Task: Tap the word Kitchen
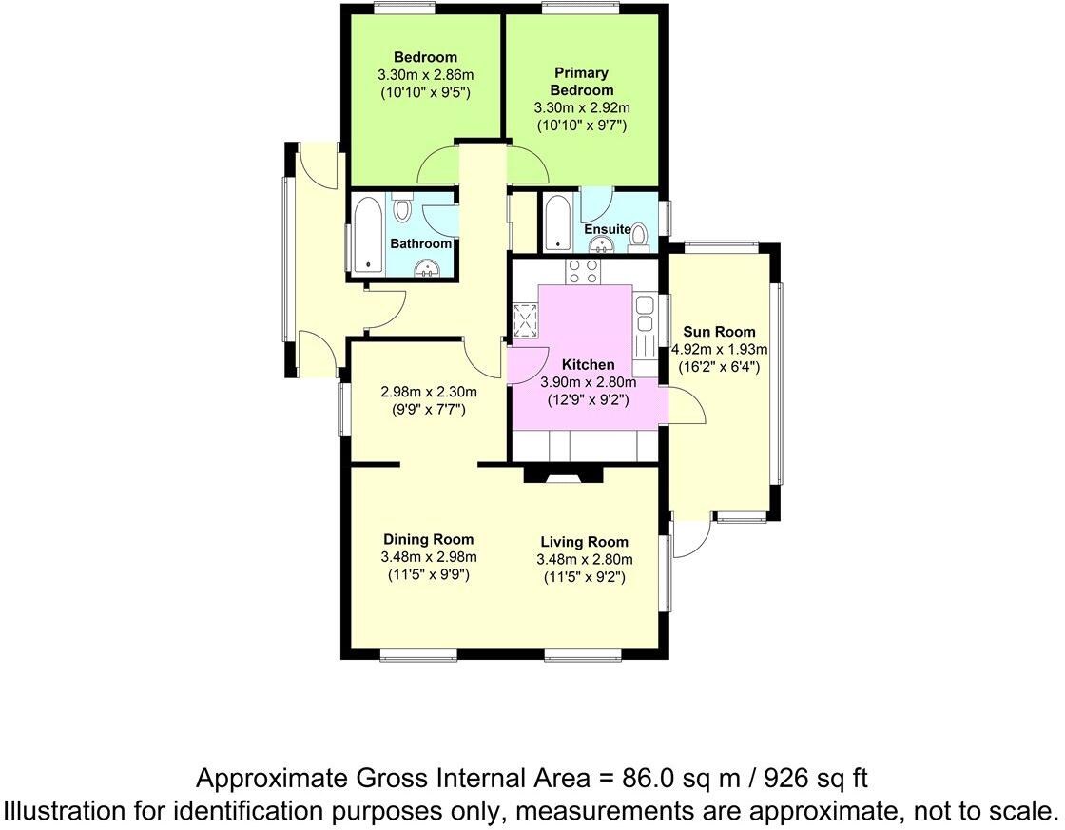point(588,364)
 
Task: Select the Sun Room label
point(719,332)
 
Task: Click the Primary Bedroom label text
point(582,81)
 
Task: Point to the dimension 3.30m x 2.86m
point(424,74)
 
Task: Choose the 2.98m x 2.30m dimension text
point(428,392)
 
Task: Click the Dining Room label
point(428,539)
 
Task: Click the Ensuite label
point(607,229)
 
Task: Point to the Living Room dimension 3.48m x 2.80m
point(584,559)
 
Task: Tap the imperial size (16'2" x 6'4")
point(719,366)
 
